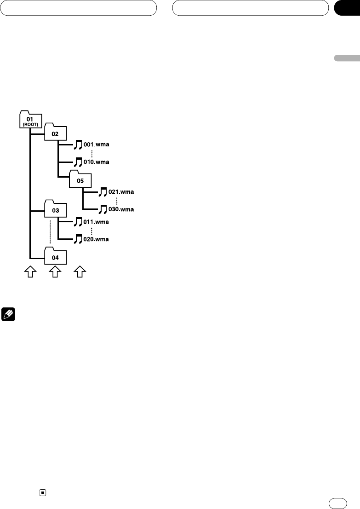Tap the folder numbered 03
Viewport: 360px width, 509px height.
(x=55, y=210)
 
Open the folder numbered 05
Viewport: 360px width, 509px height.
(x=80, y=180)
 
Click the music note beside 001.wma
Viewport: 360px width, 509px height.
(x=78, y=145)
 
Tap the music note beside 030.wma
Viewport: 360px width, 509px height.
(x=103, y=209)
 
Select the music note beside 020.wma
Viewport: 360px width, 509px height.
(x=78, y=239)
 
